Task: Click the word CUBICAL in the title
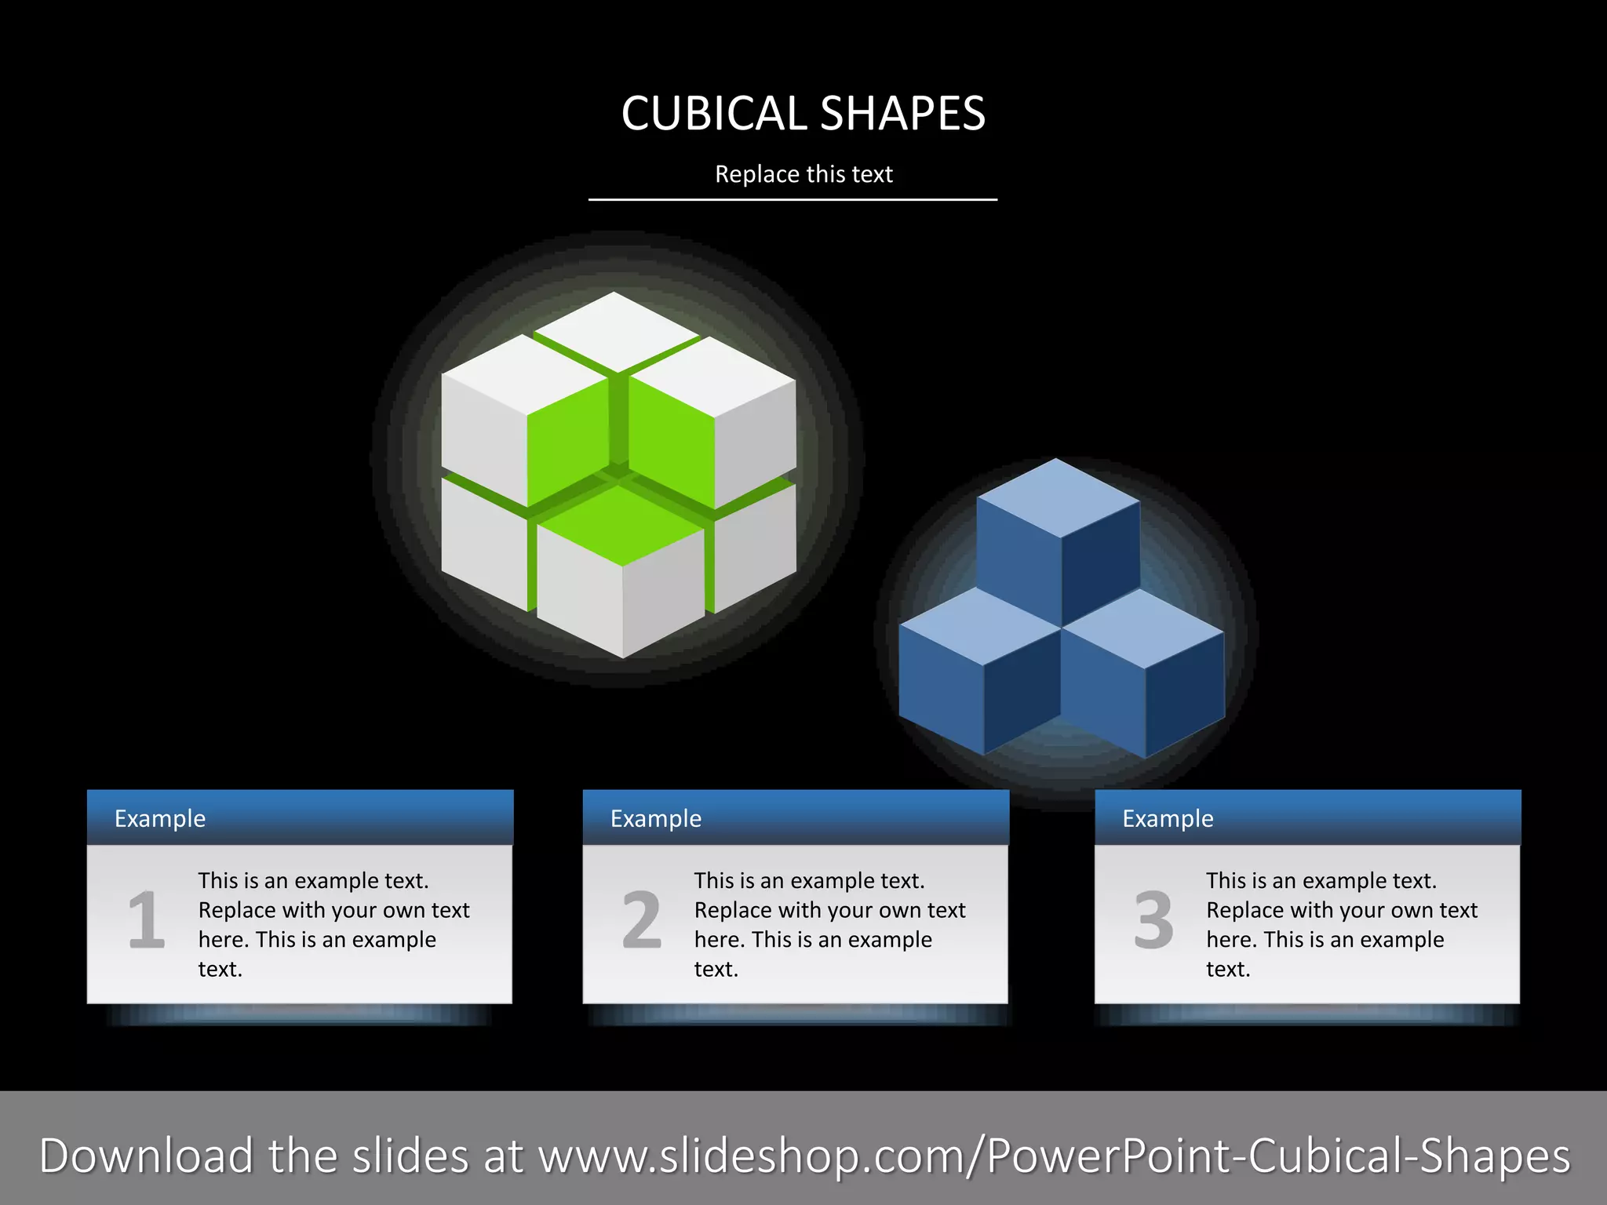[713, 114]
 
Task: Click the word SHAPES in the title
[903, 114]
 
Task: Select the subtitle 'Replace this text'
[803, 174]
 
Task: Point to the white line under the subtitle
[793, 200]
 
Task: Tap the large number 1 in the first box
[147, 919]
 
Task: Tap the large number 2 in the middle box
[642, 919]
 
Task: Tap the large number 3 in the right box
[1153, 919]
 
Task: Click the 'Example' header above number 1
[160, 818]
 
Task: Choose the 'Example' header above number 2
[656, 818]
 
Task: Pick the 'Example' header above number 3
[1168, 818]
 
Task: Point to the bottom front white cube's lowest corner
[623, 656]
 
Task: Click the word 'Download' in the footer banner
[147, 1156]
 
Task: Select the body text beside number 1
[333, 924]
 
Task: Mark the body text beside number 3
[1341, 924]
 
